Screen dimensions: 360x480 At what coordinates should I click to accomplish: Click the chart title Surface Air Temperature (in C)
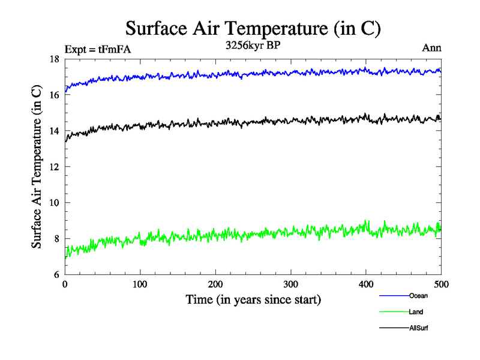point(253,29)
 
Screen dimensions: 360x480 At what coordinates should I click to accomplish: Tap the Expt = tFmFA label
point(97,49)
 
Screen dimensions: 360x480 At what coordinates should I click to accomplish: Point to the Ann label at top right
point(432,48)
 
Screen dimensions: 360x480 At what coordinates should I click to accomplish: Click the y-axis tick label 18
point(53,59)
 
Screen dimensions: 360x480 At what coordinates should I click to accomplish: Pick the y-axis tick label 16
point(53,95)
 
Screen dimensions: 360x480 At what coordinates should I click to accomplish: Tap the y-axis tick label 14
point(53,131)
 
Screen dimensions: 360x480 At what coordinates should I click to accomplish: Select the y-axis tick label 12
point(53,167)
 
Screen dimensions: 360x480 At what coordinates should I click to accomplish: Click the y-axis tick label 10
point(53,203)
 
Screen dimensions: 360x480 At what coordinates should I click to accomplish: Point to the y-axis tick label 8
point(56,239)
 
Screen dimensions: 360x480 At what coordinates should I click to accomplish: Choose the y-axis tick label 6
point(56,275)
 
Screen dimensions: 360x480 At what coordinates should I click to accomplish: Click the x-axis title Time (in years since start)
point(253,299)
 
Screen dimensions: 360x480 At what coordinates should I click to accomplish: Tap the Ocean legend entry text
point(418,296)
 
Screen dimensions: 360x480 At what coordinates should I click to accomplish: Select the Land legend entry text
point(416,312)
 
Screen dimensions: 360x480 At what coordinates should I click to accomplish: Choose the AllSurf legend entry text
point(419,328)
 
